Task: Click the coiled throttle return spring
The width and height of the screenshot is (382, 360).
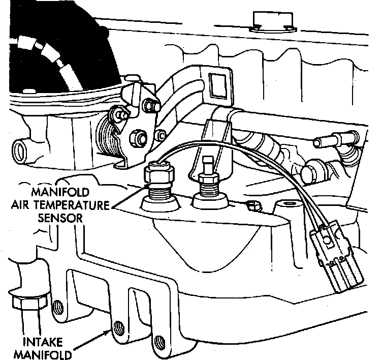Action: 109,137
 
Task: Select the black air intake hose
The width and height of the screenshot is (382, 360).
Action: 46,51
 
